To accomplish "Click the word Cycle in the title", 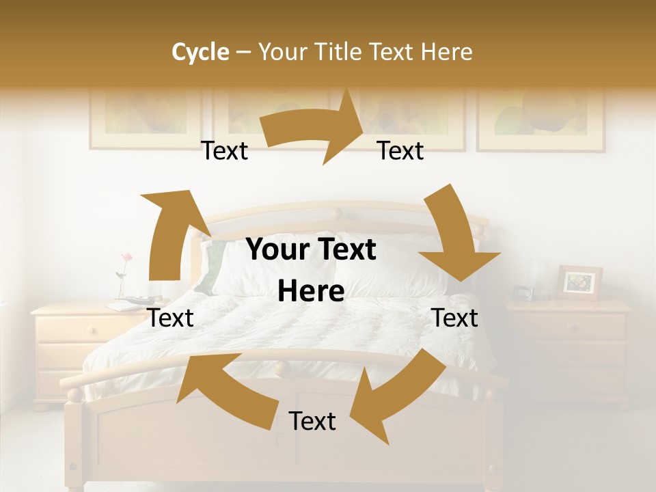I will click(x=200, y=52).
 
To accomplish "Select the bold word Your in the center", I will click(x=277, y=250).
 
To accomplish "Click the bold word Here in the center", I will click(x=311, y=292).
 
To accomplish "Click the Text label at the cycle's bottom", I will click(x=312, y=422).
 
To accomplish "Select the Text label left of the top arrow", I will click(x=224, y=151).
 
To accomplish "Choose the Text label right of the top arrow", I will click(x=400, y=151).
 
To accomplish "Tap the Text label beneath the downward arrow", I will click(x=454, y=318).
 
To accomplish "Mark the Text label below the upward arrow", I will click(x=171, y=318).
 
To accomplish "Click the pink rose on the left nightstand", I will click(x=126, y=258).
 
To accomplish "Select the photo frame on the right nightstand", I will click(x=579, y=282).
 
